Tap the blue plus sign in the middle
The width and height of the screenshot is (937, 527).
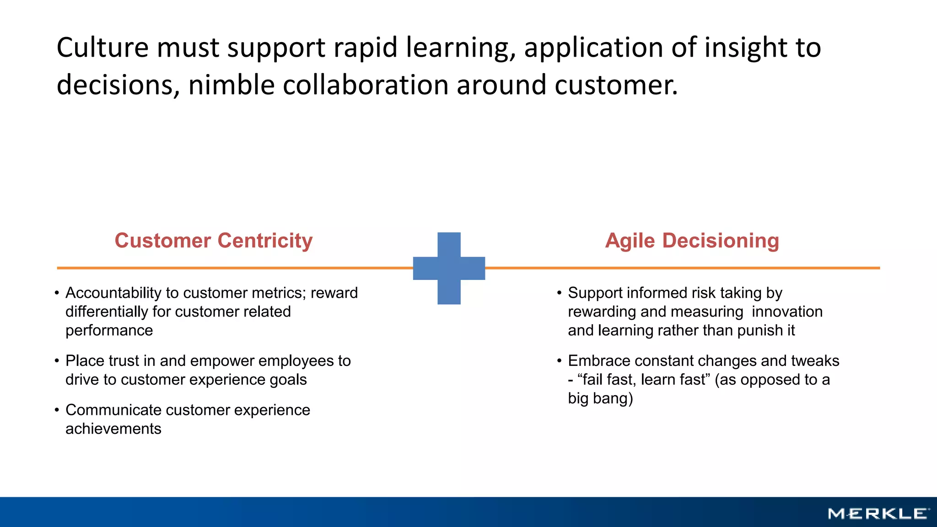(x=449, y=268)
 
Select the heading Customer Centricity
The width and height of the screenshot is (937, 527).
(x=213, y=241)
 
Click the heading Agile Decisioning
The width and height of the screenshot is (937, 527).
(x=692, y=241)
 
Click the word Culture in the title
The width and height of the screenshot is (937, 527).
(x=102, y=48)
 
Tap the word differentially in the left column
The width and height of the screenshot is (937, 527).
(x=106, y=312)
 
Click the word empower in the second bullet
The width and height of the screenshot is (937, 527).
(x=221, y=361)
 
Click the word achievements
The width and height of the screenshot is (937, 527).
(x=113, y=429)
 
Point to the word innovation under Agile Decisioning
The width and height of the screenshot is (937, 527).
(x=787, y=312)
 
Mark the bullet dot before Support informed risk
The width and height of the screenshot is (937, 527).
(x=559, y=293)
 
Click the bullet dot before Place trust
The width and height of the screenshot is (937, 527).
(x=57, y=361)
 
